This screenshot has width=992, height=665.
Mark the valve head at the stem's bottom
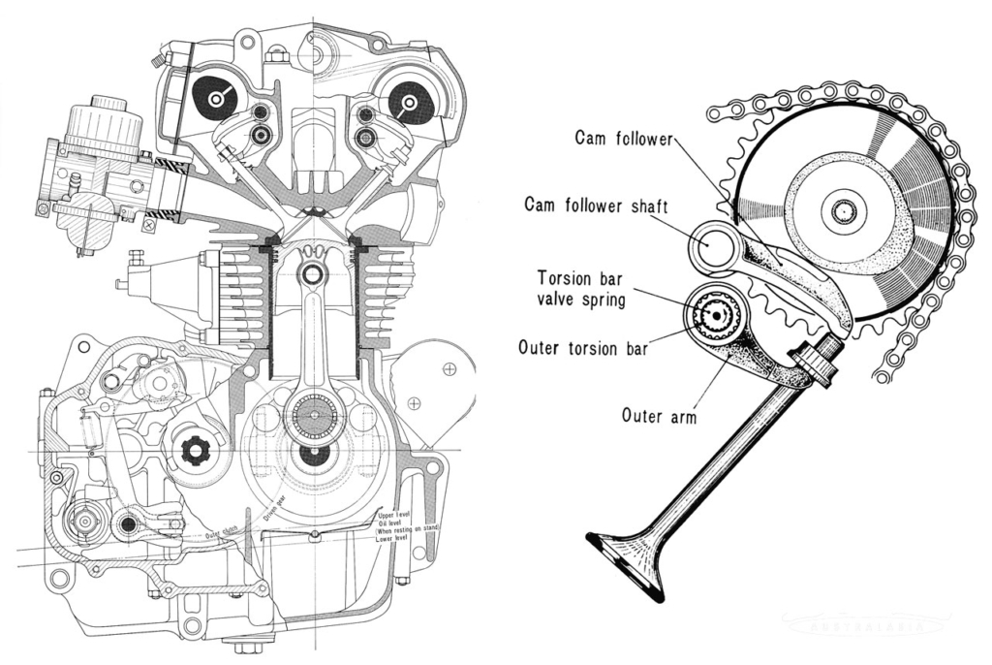click(628, 563)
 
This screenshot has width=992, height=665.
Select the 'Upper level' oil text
click(395, 512)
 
